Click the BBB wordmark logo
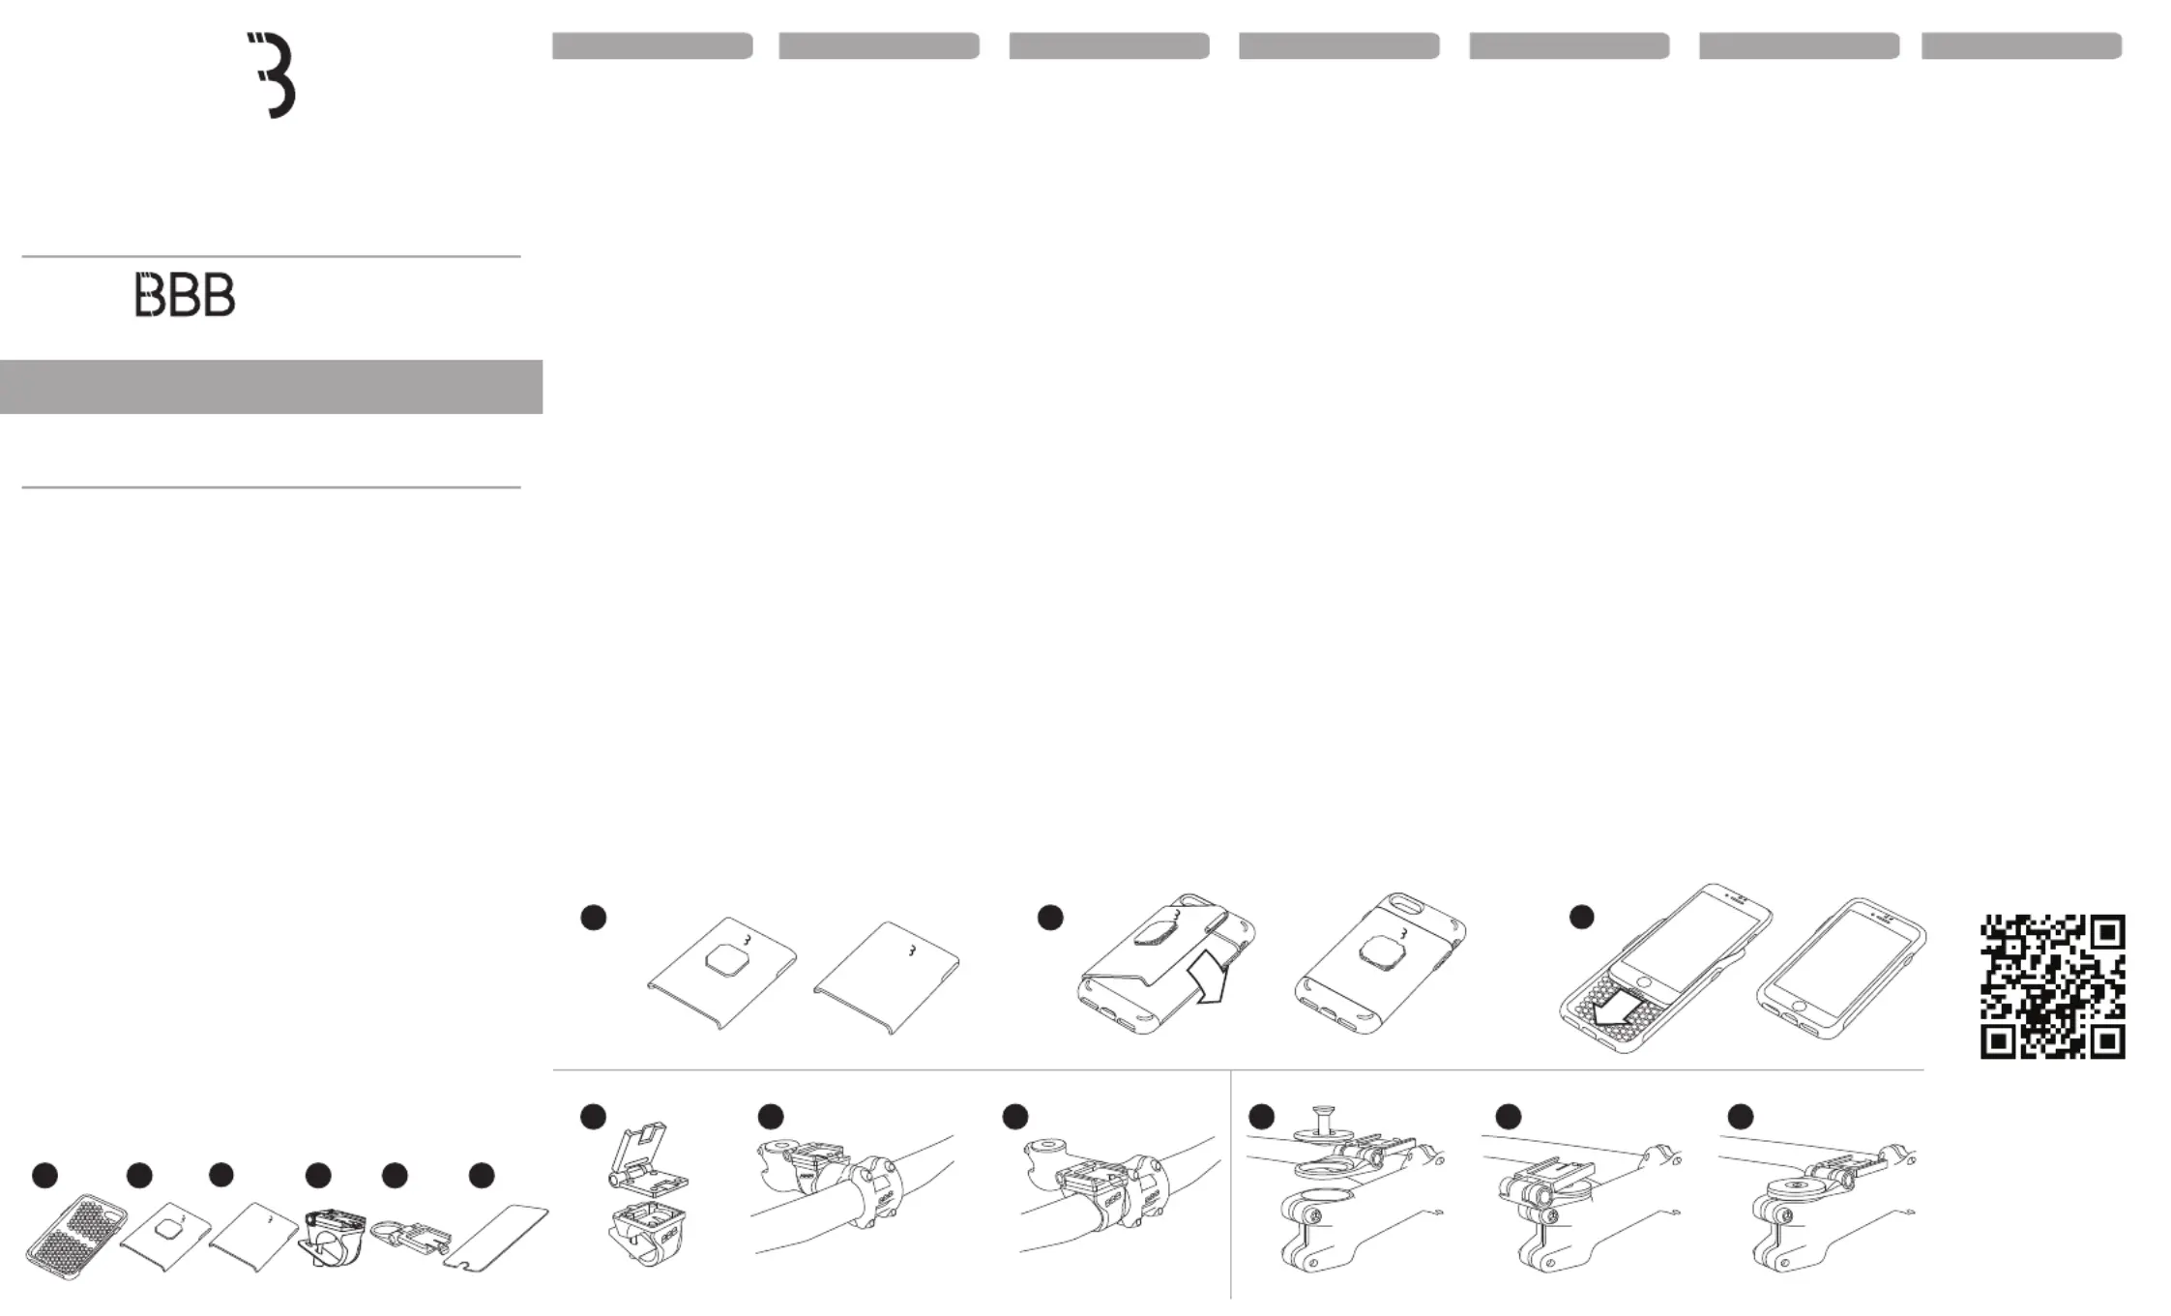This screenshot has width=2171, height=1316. pyautogui.click(x=185, y=295)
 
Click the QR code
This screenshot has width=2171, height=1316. pyautogui.click(x=2052, y=986)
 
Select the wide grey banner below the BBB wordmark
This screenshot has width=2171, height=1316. pyautogui.click(x=271, y=387)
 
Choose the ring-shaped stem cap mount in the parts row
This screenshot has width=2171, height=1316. pyautogui.click(x=410, y=1235)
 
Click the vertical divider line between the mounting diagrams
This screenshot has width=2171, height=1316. pyautogui.click(x=1230, y=1184)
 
